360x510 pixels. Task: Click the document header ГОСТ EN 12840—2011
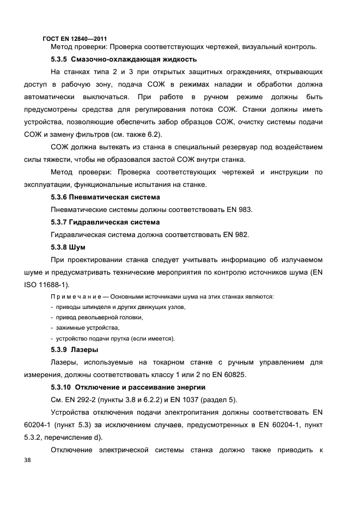click(75, 38)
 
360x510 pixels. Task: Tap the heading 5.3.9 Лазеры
click(74, 349)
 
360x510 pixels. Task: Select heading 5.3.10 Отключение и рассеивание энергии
click(127, 387)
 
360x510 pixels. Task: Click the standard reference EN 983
click(239, 210)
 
